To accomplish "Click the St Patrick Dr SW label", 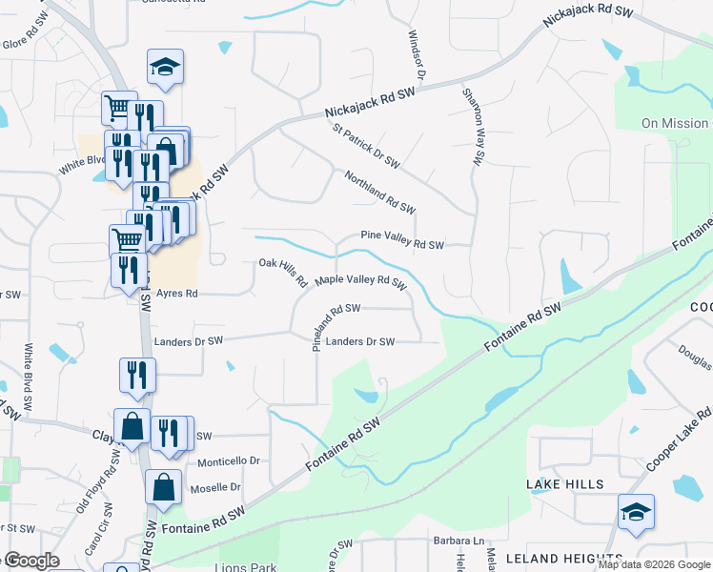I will click(365, 144).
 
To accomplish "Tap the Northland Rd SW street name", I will click(380, 191).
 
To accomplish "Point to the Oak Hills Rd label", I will click(282, 270).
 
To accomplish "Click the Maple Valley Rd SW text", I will click(361, 281).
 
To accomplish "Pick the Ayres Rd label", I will click(176, 294).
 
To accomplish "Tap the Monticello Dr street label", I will click(229, 461).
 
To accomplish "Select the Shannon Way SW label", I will click(473, 126).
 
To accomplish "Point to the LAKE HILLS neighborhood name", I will click(565, 484).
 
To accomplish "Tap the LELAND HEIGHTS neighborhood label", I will click(563, 557).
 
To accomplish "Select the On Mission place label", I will click(675, 123).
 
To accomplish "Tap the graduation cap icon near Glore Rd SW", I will click(165, 68).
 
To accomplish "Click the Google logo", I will click(31, 561).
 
